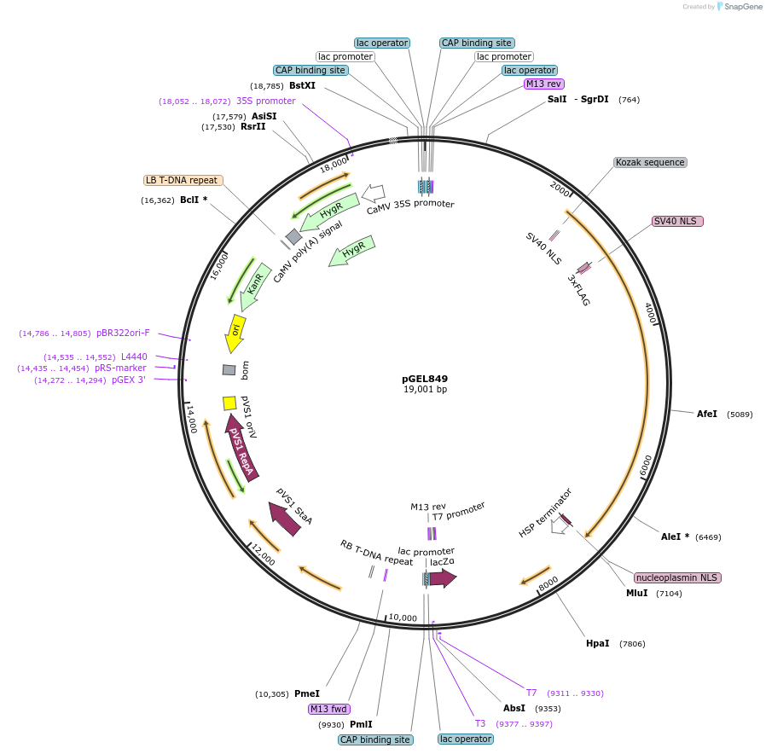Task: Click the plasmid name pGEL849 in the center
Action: tap(425, 379)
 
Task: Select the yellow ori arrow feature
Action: tap(235, 333)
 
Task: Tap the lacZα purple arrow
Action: tap(443, 578)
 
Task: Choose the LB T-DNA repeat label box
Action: tap(183, 180)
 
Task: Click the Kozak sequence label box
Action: tap(650, 162)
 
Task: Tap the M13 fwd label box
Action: tap(329, 709)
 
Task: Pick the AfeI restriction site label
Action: tap(707, 415)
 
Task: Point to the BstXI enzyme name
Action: tap(302, 85)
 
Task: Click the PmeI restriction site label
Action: tap(306, 693)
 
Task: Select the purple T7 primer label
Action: tap(531, 693)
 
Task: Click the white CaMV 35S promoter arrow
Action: tap(373, 193)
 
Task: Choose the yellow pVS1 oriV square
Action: tap(229, 403)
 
